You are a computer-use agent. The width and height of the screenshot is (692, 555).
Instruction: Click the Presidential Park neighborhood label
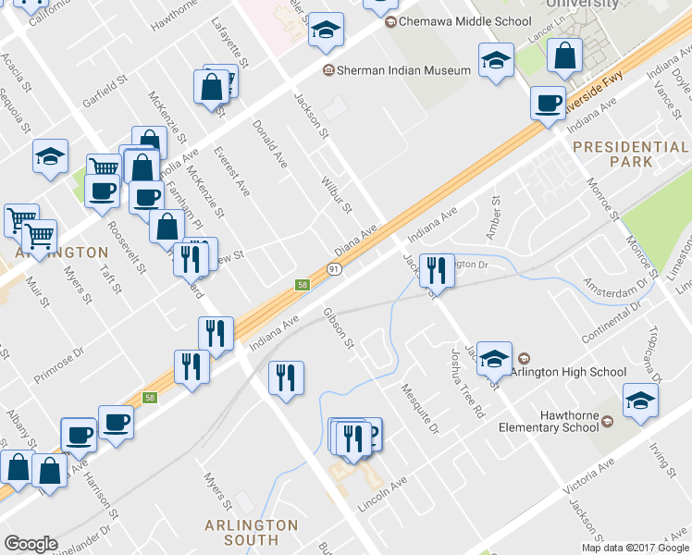[630, 154]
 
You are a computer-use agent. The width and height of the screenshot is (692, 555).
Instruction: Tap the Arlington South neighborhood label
[252, 532]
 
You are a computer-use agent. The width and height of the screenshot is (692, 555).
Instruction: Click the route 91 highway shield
[333, 268]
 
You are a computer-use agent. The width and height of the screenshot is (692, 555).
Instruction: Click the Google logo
[31, 544]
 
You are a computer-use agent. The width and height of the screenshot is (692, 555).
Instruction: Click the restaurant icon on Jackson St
[437, 270]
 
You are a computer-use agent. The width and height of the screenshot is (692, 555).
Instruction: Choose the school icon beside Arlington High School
[495, 359]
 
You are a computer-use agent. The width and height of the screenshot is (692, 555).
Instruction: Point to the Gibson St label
[339, 328]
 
